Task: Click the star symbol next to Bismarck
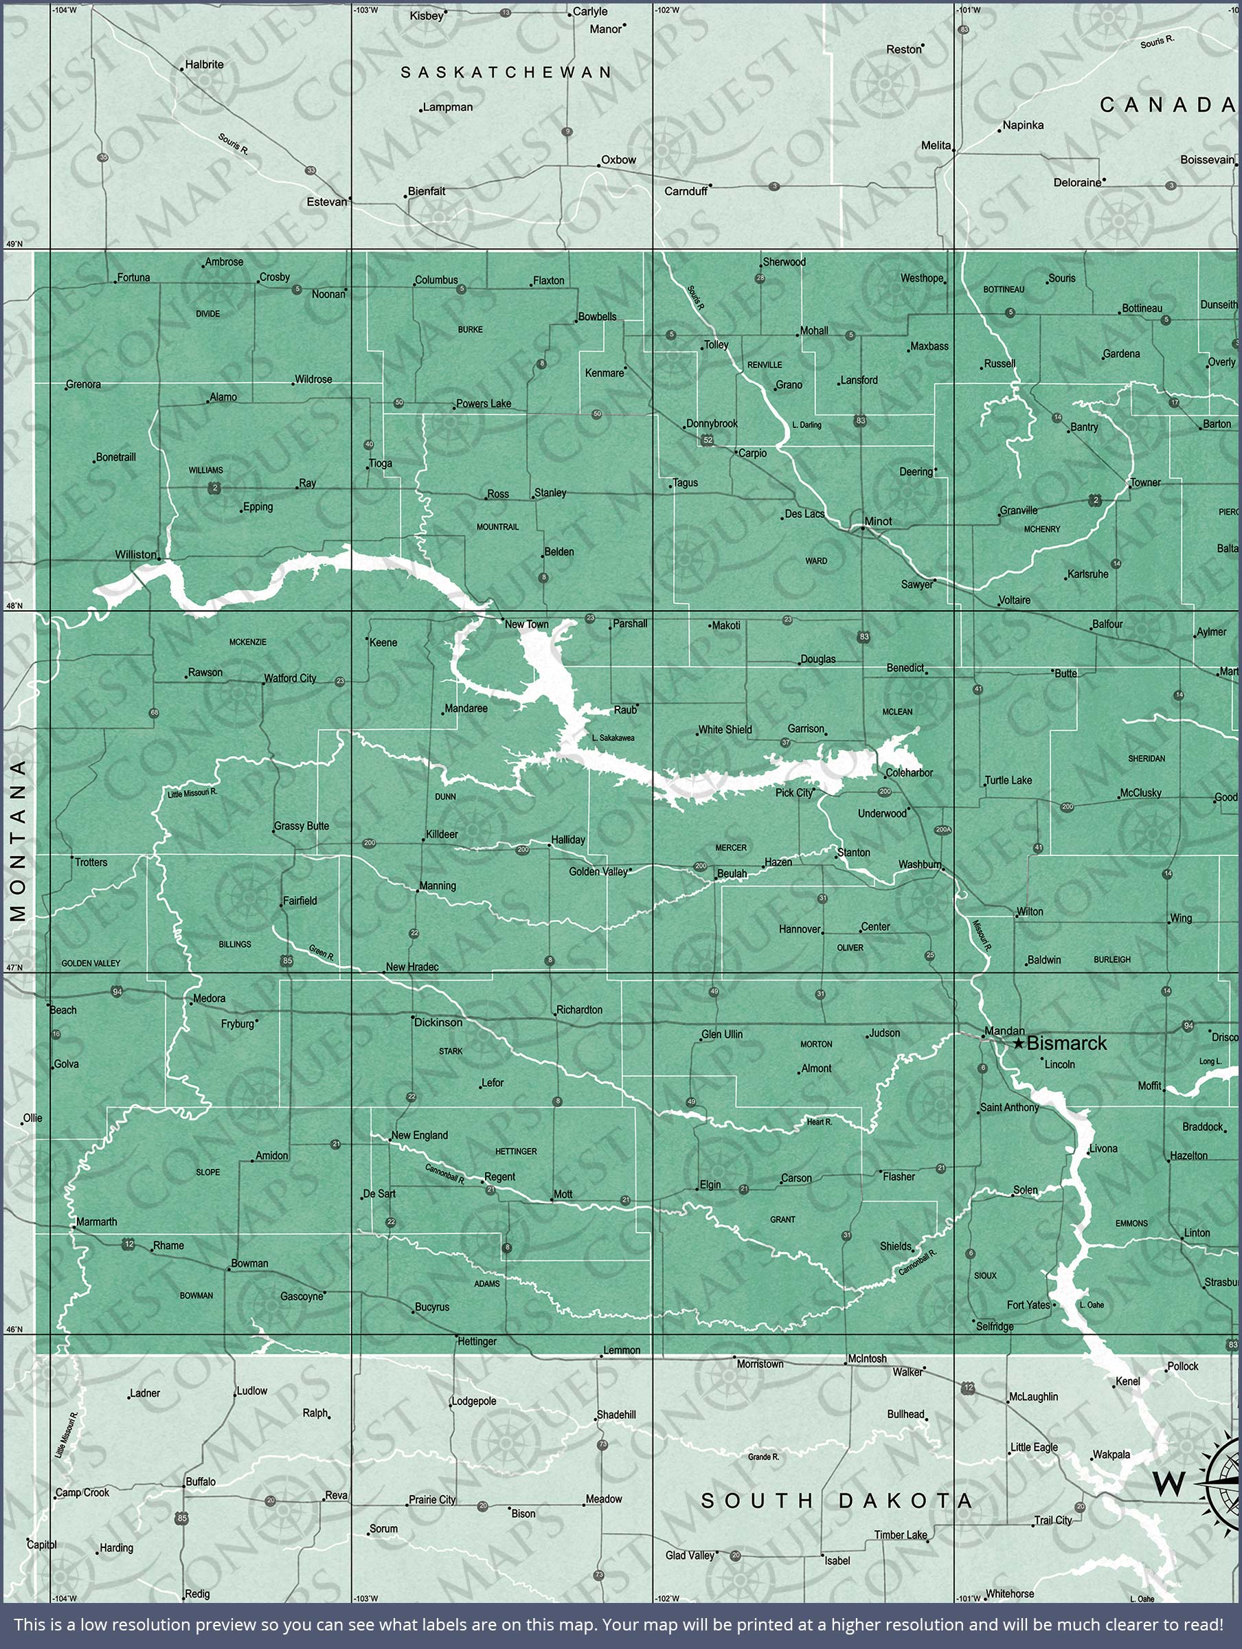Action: tap(1018, 1044)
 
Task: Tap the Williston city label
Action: tap(137, 554)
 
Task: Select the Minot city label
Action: tap(878, 521)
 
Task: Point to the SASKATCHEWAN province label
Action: tap(506, 72)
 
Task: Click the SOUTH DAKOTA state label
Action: tap(837, 1501)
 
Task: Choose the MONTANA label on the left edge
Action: tap(19, 840)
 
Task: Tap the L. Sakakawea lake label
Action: tap(613, 738)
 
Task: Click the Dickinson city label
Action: tap(438, 1022)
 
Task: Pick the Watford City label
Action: tap(290, 677)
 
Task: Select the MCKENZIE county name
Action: tap(247, 642)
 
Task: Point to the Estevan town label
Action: tap(326, 202)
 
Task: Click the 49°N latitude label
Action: tap(14, 244)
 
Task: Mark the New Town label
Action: tap(526, 624)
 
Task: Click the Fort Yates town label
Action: tap(1028, 1305)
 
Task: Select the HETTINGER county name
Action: tap(516, 1151)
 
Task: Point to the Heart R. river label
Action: tap(820, 1121)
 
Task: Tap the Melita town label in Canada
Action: tap(936, 146)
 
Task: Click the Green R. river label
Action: tap(321, 952)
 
